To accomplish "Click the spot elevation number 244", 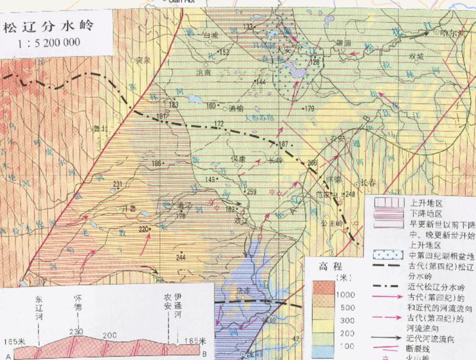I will coord(180,257).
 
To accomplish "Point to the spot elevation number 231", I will coord(118,183).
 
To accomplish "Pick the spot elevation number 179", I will coord(310,109).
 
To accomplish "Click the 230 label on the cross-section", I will coord(77,333).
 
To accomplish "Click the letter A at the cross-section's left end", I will coord(7,354).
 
